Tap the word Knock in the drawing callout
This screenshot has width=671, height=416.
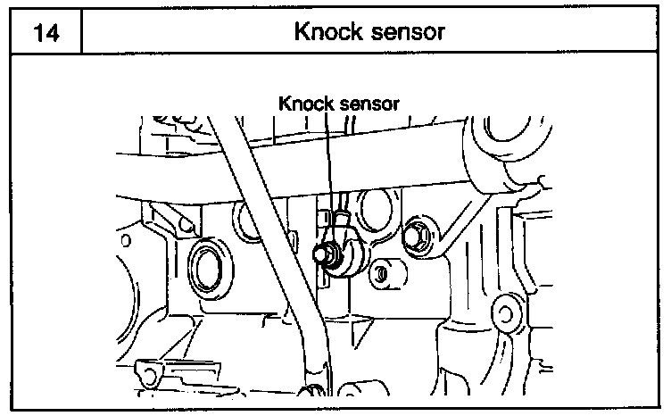click(x=305, y=103)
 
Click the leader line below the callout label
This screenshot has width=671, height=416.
click(x=330, y=161)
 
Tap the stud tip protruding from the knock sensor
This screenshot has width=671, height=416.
click(x=321, y=254)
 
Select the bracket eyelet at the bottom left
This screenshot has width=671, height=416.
click(x=143, y=370)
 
